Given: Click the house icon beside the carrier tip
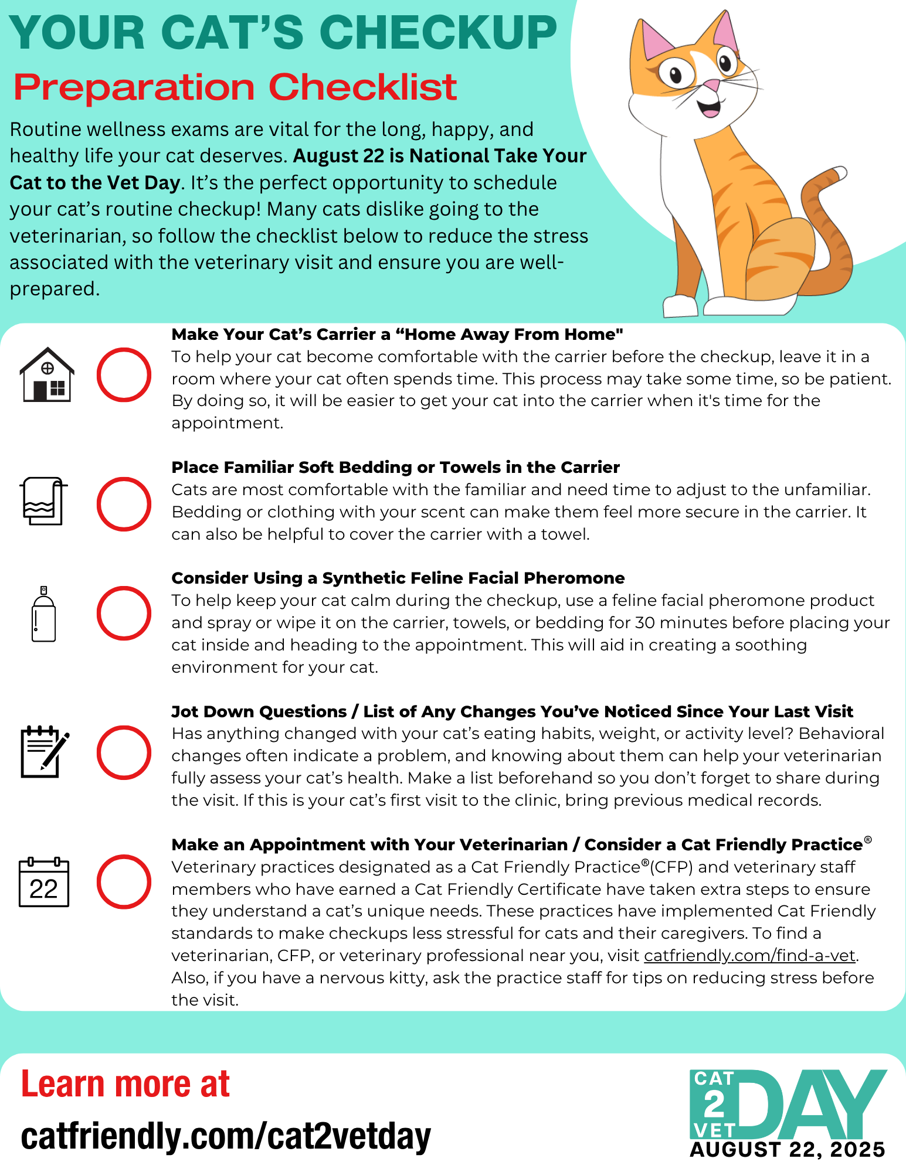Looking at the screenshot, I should point(47,375).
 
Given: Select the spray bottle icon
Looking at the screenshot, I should point(44,614).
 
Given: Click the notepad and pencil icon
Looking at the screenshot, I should point(45,752).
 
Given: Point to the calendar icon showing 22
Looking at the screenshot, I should point(44,882).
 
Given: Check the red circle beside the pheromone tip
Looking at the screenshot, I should point(124,613).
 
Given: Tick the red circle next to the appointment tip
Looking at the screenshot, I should point(124,881).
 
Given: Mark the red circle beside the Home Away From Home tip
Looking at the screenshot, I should point(124,375).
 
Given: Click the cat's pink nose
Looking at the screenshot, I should point(711,86).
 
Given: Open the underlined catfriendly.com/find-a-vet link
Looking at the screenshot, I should point(749,955).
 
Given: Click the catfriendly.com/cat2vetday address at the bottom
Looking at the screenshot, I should point(226,1136).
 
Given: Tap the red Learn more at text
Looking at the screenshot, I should point(125,1084).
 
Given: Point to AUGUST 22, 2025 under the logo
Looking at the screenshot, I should point(787,1150).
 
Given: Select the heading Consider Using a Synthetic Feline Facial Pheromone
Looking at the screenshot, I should point(398,578).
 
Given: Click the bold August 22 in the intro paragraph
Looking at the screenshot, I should point(338,156).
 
